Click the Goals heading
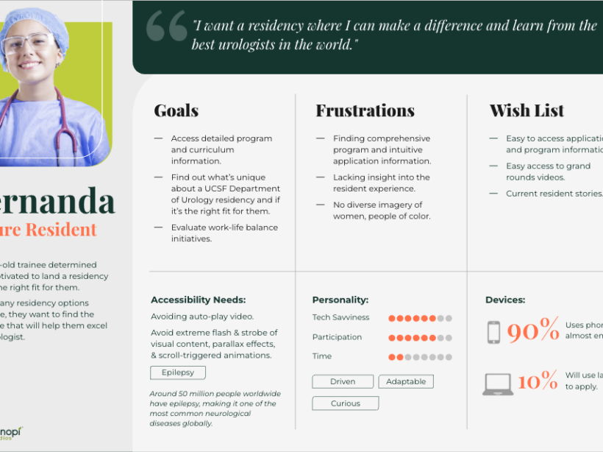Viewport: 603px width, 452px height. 176,111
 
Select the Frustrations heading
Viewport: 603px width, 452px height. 365,111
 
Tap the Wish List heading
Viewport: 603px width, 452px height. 527,111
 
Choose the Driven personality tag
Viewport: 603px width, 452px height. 343,382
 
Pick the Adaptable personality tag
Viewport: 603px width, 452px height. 406,382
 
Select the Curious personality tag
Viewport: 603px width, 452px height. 346,403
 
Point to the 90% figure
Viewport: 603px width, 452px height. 532,331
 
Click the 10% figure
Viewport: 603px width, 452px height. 537,381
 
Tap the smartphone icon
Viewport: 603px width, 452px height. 493,332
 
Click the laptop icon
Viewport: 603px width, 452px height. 498,384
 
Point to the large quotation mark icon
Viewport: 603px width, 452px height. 166,27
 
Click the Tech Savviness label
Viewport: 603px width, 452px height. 341,318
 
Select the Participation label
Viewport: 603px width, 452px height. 337,337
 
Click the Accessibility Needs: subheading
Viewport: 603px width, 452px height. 198,300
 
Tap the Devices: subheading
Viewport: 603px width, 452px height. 505,300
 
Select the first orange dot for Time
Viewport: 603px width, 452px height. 392,357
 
